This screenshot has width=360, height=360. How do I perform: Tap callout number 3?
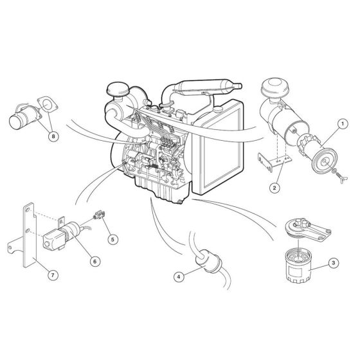click(x=332, y=262)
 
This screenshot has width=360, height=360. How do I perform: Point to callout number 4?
click(x=179, y=277)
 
